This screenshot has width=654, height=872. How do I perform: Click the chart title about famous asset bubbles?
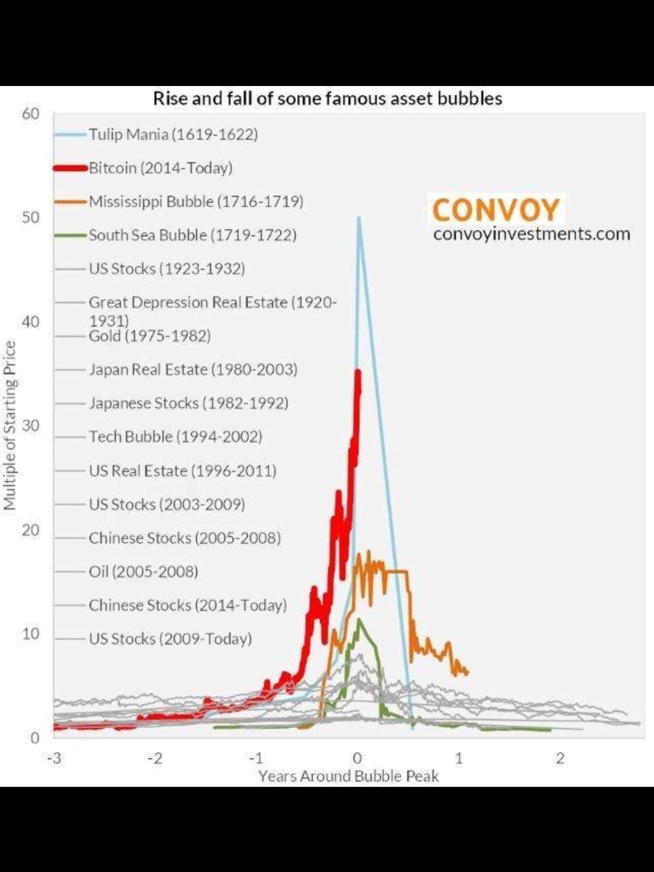click(x=327, y=99)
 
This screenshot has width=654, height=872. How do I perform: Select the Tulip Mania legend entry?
click(x=173, y=135)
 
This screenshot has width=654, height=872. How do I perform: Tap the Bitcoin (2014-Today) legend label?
click(x=161, y=168)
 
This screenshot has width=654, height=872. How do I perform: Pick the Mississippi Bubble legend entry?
click(x=196, y=201)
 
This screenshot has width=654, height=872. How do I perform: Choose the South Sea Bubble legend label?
click(x=192, y=235)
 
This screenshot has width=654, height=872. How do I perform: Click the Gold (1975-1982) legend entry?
click(x=149, y=336)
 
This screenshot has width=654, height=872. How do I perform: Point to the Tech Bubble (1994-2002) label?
click(x=175, y=437)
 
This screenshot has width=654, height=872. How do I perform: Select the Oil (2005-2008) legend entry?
click(x=143, y=571)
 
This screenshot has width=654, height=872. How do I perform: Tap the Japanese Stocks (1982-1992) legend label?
click(x=189, y=403)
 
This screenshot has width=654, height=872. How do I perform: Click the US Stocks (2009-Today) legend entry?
click(x=170, y=639)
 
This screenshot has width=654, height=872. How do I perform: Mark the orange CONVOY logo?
click(x=496, y=209)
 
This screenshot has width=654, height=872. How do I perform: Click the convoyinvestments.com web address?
click(x=531, y=234)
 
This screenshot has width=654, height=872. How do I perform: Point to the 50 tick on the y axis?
click(x=30, y=218)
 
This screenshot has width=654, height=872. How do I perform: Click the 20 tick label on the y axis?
click(x=30, y=530)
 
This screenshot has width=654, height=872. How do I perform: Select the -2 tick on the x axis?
click(x=156, y=758)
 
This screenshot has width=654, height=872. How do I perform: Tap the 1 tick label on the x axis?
click(x=459, y=758)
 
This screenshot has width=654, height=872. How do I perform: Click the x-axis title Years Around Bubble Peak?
click(x=348, y=776)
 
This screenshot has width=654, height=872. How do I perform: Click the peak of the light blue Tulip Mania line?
click(x=359, y=218)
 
